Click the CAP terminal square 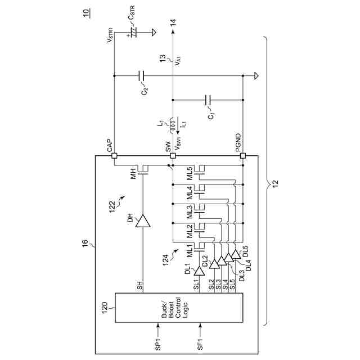point(114,156)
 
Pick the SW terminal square point(172,156)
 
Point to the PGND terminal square point(243,156)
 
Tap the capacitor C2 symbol point(141,75)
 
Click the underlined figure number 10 point(85,13)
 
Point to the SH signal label point(139,285)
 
